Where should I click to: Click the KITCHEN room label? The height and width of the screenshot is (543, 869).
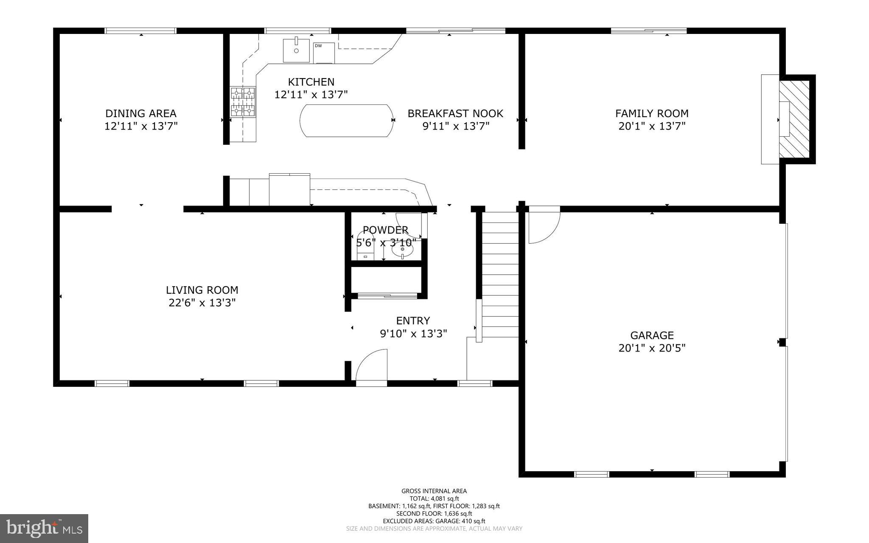311,82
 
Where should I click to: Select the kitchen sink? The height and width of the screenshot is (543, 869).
296,50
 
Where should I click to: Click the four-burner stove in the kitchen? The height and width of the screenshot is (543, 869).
243,101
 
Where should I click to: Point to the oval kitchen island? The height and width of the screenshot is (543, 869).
346,121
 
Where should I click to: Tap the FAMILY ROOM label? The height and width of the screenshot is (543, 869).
652,113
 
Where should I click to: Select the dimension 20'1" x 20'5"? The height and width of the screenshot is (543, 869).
652,348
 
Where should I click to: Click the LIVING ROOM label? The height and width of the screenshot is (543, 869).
202,290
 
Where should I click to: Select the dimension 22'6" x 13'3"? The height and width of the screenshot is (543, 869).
202,303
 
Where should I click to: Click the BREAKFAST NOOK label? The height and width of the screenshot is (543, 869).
455,113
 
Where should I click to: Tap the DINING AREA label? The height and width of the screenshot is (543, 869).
141,113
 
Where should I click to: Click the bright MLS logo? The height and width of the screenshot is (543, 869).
44,528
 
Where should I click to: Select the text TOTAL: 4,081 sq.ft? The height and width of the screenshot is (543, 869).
434,499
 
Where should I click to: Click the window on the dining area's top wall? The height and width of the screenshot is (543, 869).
140,31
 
